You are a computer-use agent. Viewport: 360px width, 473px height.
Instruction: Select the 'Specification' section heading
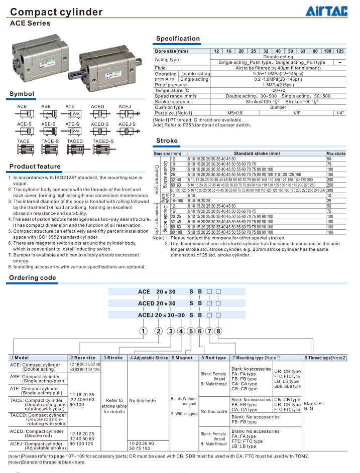point(178,39)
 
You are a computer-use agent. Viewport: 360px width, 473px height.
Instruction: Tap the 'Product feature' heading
point(35,167)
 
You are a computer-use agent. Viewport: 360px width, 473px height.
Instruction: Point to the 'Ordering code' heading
point(33,278)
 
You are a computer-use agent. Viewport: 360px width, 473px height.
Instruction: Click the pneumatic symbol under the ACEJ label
point(125,114)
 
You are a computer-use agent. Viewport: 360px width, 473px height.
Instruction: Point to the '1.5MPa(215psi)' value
point(278,85)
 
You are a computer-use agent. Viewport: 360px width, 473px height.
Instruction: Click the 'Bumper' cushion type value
point(278,107)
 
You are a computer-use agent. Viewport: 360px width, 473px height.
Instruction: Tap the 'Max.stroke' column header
point(336,153)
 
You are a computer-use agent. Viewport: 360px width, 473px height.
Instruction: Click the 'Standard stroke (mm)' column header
point(257,153)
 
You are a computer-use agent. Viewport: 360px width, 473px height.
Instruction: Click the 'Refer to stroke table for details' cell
point(114,406)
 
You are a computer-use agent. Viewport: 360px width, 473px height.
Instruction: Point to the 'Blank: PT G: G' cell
point(315,406)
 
